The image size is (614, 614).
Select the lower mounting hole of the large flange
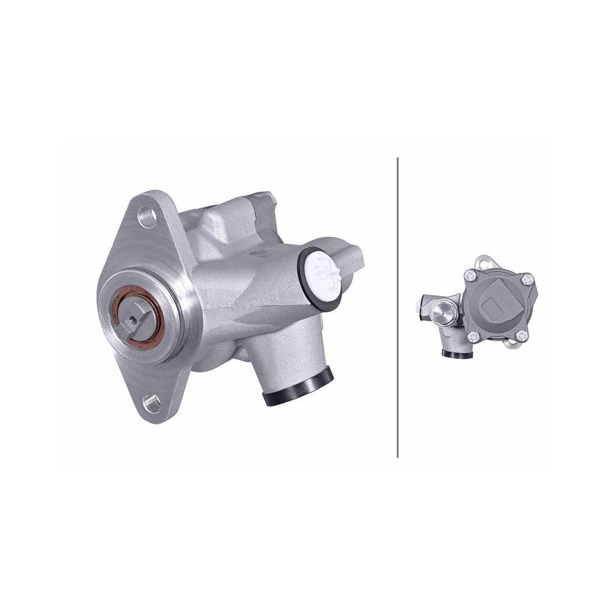click(x=150, y=402)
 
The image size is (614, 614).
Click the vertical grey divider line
click(x=398, y=307)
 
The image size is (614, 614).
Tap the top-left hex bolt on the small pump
click(x=472, y=276)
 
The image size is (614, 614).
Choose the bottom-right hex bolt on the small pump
click(x=521, y=335)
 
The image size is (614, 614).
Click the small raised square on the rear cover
click(x=492, y=309)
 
